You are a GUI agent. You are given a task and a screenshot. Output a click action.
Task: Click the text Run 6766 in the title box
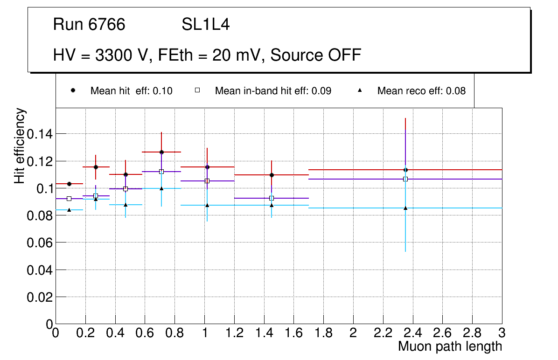pos(89,25)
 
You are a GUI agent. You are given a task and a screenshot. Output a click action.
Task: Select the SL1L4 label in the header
pos(205,25)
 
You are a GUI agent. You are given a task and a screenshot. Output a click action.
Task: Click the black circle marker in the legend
pos(73,90)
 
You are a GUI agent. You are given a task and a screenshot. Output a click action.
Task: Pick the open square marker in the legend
pos(197,90)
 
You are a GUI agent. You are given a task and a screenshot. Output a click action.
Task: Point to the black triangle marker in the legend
pos(360,90)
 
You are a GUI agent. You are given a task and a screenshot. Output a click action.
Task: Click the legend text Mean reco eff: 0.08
pos(421,91)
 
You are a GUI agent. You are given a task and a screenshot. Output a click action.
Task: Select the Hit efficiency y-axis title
pos(20,146)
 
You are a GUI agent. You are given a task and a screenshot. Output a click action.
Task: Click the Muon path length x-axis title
pos(450,346)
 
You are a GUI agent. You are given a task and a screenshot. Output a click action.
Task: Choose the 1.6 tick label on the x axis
pos(293,333)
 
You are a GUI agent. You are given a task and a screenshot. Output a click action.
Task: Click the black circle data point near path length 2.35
pos(405,170)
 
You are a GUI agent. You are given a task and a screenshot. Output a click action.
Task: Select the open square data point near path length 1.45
pos(272,198)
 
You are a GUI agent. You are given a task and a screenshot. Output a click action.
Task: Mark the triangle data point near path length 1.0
pos(207,205)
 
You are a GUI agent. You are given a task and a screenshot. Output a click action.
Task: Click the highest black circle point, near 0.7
pos(161,152)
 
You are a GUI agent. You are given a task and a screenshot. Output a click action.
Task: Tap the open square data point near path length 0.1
pos(69,199)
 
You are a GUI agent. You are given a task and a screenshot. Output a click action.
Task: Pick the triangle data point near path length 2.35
pos(405,208)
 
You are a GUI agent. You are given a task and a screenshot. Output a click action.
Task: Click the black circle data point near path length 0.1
pos(69,184)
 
